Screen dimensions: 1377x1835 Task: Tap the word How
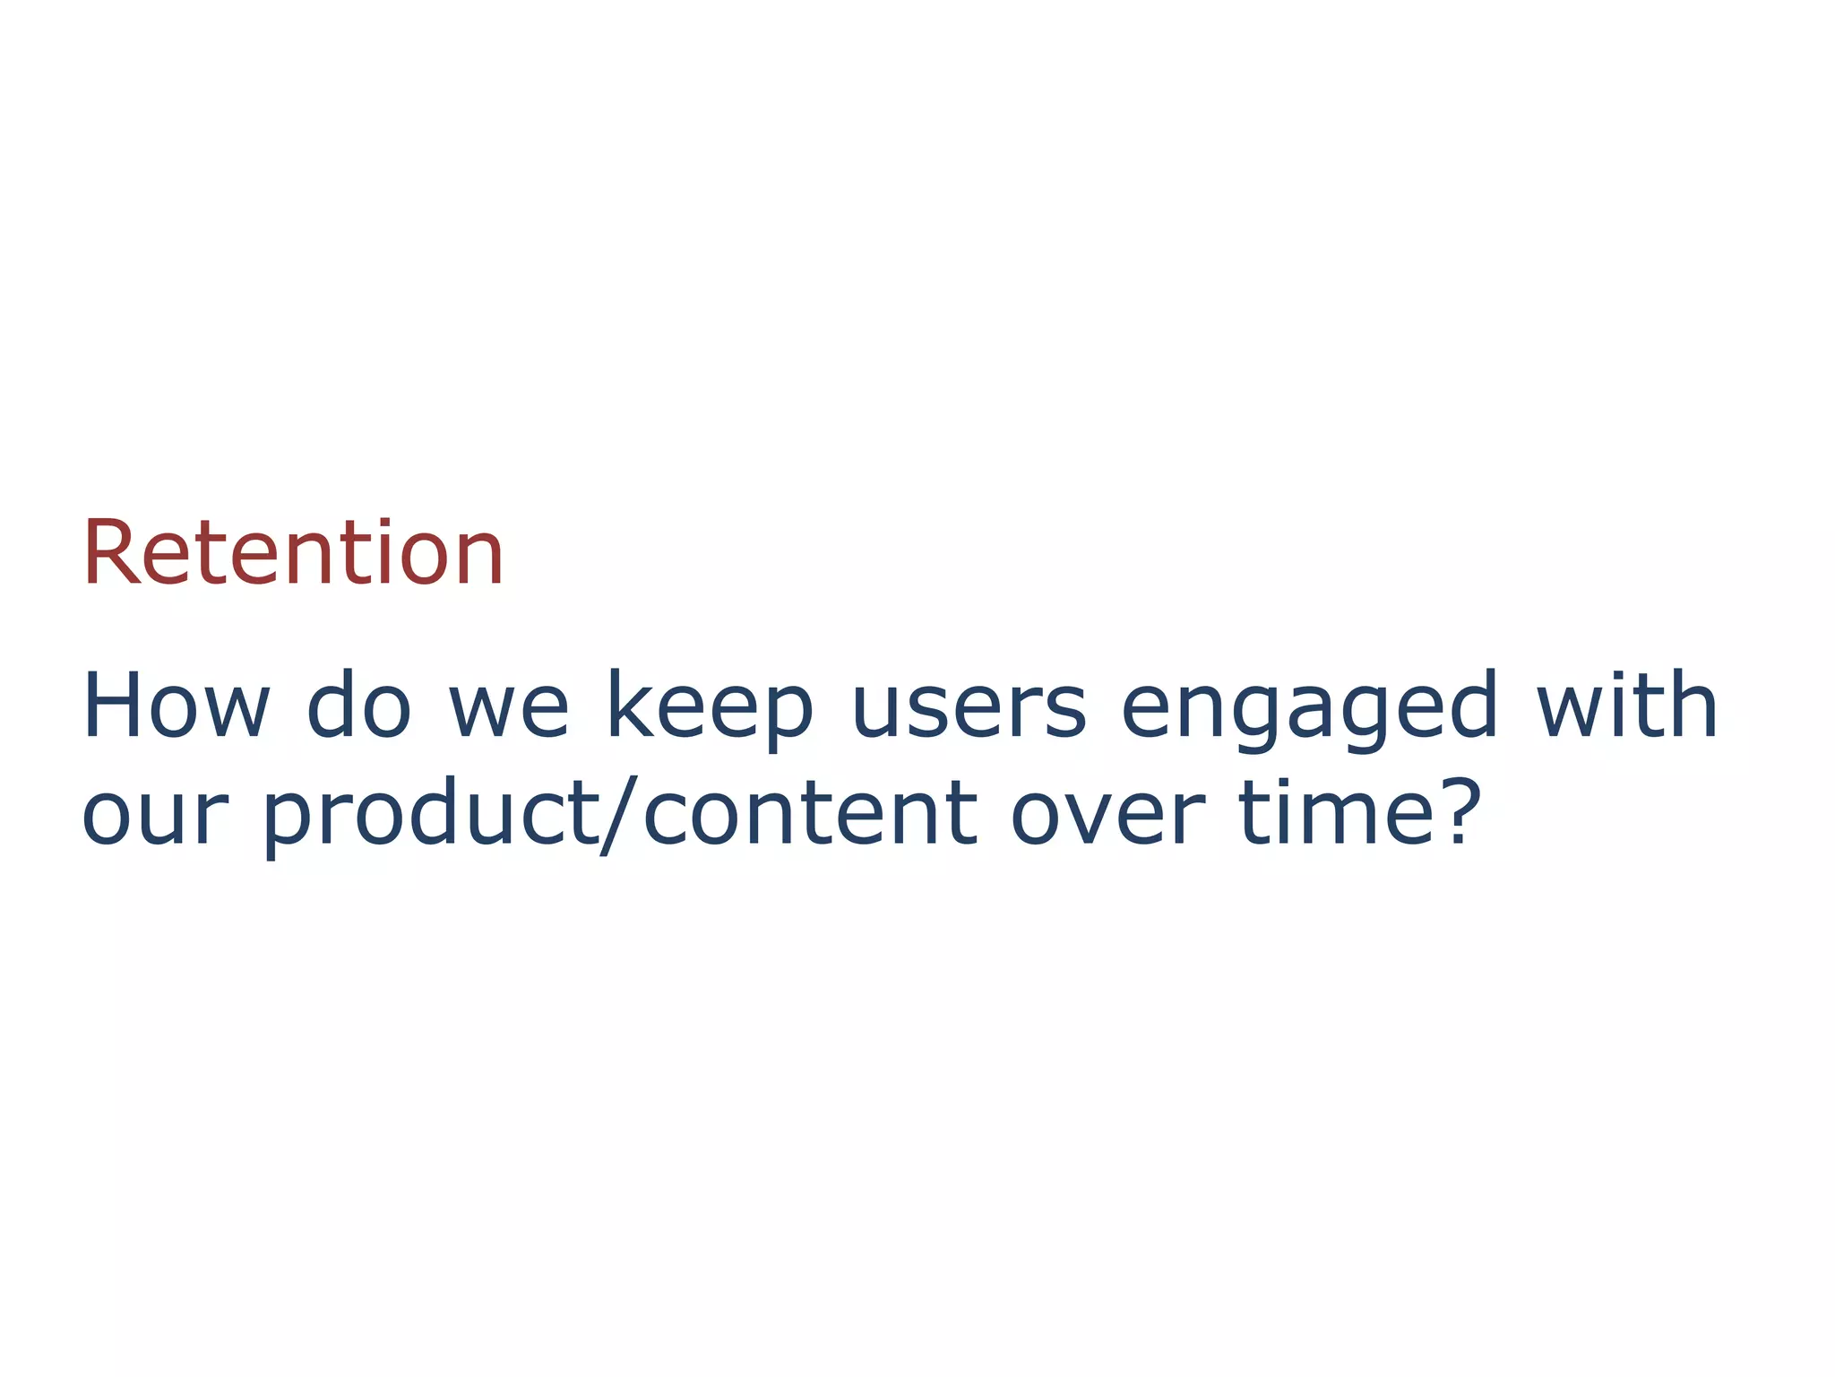[176, 708]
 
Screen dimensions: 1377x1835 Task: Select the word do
[358, 708]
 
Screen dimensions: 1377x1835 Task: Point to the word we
[508, 713]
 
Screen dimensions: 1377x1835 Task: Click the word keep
[710, 708]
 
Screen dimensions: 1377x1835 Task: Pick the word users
[969, 713]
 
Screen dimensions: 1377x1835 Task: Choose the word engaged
[1309, 708]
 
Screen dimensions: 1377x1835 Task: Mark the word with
[1627, 708]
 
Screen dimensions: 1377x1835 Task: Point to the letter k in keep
[631, 708]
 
